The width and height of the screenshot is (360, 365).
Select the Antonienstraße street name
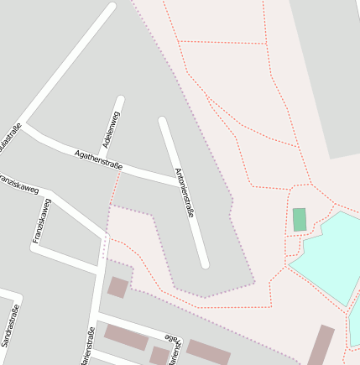pyautogui.click(x=184, y=193)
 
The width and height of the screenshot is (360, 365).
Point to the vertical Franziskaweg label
pyautogui.click(x=41, y=222)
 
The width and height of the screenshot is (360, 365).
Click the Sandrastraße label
pyautogui.click(x=9, y=328)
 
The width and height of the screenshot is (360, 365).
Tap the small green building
pyautogui.click(x=300, y=220)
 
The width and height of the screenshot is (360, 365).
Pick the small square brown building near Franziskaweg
pyautogui.click(x=117, y=288)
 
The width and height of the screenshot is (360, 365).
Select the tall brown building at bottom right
pyautogui.click(x=321, y=345)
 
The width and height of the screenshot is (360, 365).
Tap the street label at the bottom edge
pyautogui.click(x=86, y=347)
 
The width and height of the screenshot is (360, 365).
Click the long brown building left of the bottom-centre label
pyautogui.click(x=126, y=337)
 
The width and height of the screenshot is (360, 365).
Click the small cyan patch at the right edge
pyautogui.click(x=354, y=323)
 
